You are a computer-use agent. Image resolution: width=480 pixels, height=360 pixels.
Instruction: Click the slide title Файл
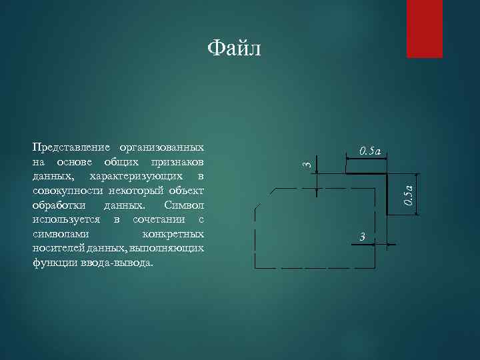click(234, 48)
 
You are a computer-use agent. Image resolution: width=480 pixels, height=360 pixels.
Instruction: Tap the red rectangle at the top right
click(425, 28)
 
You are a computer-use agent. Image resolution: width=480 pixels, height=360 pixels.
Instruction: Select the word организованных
click(161, 147)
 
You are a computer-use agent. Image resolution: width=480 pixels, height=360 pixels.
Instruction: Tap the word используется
click(66, 220)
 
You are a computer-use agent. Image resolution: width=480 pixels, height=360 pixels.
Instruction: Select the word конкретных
click(173, 235)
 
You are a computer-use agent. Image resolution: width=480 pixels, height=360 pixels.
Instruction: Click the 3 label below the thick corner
click(362, 237)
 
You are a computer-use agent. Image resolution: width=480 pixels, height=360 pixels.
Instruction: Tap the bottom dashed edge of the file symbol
click(313, 267)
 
